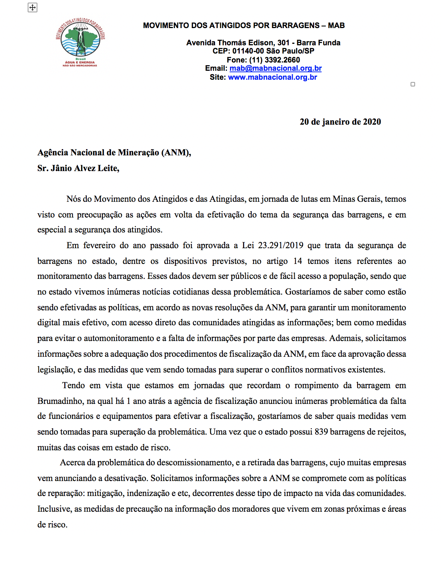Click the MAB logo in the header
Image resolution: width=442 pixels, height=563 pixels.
80,42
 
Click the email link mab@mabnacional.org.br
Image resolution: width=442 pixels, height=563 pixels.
276,69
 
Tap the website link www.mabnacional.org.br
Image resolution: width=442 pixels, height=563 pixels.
273,77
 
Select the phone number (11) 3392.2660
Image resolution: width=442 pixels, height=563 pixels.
274,60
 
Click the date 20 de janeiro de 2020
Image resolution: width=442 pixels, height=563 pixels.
340,122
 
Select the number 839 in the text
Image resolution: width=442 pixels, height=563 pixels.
321,432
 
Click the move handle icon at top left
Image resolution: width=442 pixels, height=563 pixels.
33,7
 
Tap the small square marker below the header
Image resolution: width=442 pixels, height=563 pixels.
413,84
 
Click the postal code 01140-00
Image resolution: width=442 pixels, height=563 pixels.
248,51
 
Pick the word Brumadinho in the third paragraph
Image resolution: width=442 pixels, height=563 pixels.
60,401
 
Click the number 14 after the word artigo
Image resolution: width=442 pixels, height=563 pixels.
297,261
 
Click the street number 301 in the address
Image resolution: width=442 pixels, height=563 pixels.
283,43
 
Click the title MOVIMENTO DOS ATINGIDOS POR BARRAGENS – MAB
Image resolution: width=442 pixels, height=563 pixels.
244,25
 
